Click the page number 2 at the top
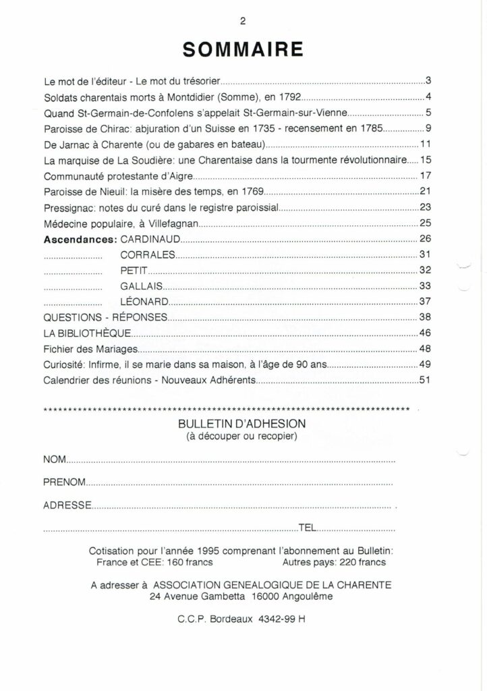[x=243, y=20]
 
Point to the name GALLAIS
[x=144, y=285]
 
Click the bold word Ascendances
[x=81, y=240]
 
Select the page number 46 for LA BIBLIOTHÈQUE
[x=424, y=333]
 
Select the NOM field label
[x=54, y=460]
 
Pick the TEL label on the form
[x=308, y=528]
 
